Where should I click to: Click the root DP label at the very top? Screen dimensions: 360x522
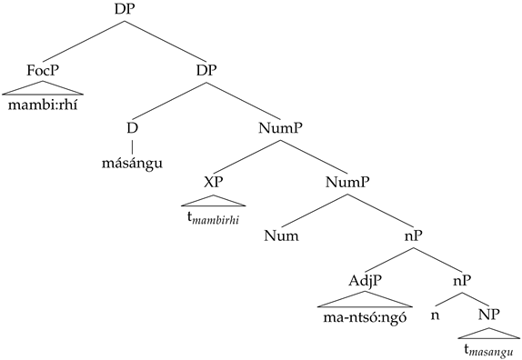click(125, 9)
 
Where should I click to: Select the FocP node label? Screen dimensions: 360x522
click(43, 70)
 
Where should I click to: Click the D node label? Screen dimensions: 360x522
click(132, 128)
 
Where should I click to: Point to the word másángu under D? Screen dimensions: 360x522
click(132, 164)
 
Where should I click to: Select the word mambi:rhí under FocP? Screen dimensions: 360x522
click(43, 105)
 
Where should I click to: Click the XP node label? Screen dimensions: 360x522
click(214, 182)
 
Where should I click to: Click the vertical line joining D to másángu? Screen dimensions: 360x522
click(132, 145)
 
